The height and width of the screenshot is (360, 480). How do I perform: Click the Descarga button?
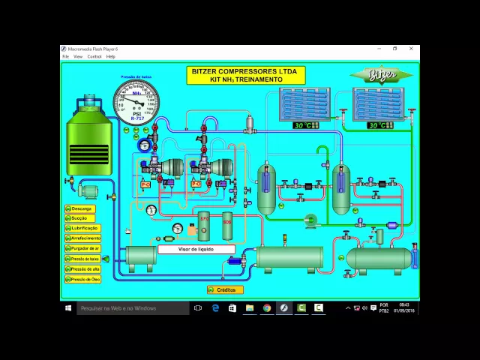[82, 208]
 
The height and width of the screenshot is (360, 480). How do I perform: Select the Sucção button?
[82, 218]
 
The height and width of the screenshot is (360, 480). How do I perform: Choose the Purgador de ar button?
[82, 248]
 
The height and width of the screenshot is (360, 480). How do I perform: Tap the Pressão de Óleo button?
[82, 279]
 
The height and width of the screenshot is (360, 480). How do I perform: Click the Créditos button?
[225, 289]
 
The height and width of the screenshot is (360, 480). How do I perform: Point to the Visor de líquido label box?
[196, 249]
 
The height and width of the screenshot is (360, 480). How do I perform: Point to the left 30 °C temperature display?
[304, 125]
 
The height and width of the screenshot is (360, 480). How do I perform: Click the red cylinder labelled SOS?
[226, 223]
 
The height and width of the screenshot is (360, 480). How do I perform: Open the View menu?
[78, 56]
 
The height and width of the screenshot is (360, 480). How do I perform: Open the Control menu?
[94, 56]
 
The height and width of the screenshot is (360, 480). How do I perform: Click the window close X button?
[411, 49]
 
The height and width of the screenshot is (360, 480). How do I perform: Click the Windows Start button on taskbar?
[68, 307]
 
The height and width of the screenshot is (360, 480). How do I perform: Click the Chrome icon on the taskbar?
[267, 307]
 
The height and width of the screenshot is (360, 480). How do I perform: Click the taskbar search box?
[131, 307]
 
